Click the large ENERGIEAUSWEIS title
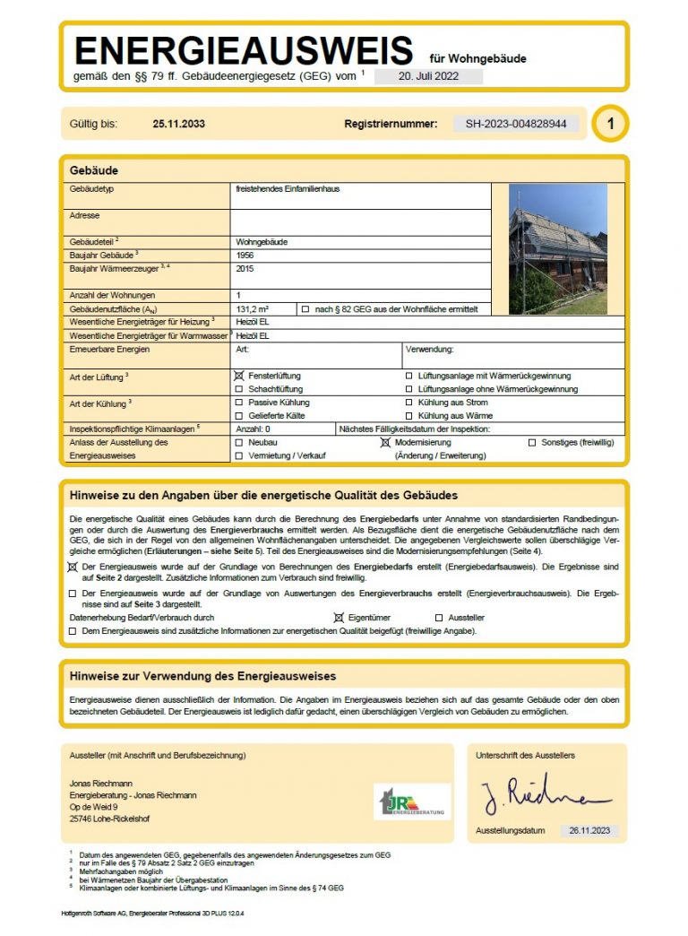[244, 50]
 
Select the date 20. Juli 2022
[428, 76]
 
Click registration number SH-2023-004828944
[515, 124]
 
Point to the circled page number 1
[610, 124]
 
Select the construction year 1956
[245, 256]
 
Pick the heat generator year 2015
[245, 268]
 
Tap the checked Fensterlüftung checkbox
[238, 377]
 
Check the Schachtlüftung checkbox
[238, 390]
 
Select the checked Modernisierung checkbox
[386, 443]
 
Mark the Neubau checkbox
[238, 443]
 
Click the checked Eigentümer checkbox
[339, 618]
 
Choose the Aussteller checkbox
[439, 618]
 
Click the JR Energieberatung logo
[412, 801]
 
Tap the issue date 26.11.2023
[589, 831]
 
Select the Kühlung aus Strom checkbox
[409, 403]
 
